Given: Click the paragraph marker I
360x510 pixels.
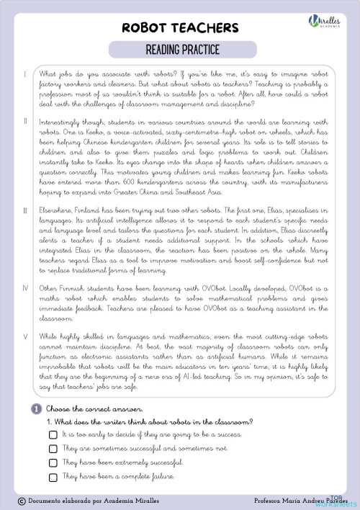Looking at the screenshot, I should [x=26, y=74].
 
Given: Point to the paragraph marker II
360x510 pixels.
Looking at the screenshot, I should [x=26, y=121].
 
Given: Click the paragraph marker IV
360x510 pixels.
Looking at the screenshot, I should [x=26, y=267].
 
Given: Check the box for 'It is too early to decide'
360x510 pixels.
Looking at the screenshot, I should [x=53, y=436].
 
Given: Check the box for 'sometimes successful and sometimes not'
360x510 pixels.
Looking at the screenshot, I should [x=53, y=449].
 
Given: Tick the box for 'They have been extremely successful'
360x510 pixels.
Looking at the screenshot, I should [x=53, y=462].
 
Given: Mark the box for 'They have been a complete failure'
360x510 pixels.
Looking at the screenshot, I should [x=53, y=477].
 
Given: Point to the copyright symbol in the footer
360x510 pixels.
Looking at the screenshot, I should [x=22, y=500].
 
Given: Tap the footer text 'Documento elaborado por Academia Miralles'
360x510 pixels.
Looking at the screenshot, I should [x=89, y=500].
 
